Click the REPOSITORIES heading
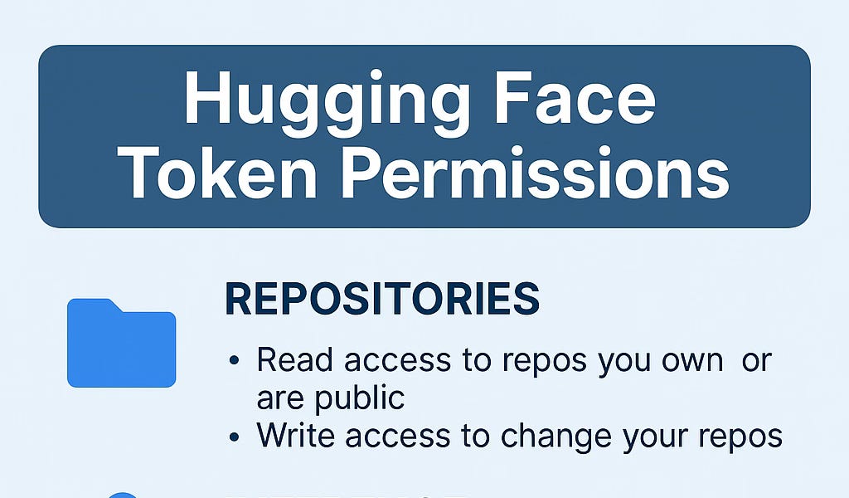point(382,300)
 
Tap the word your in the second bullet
point(650,435)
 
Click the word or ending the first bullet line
point(756,361)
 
